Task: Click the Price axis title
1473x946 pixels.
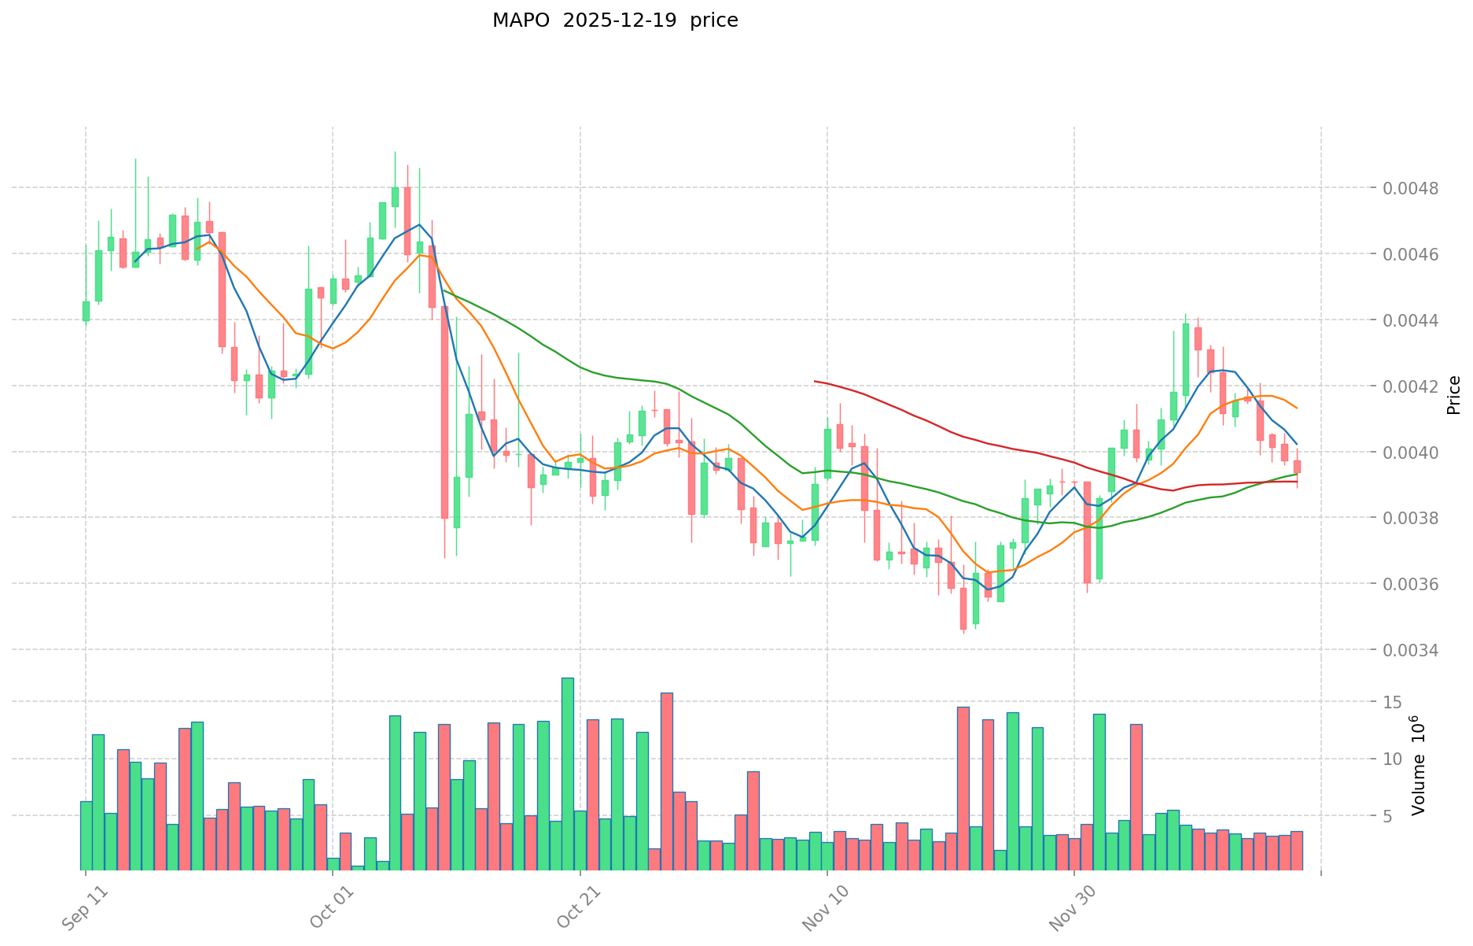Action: (1453, 395)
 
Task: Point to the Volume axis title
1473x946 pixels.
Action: (1417, 765)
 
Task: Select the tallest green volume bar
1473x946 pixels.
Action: (568, 774)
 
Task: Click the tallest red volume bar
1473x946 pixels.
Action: (667, 781)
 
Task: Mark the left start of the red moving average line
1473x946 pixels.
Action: (815, 381)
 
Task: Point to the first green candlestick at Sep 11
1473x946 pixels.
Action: (86, 311)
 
